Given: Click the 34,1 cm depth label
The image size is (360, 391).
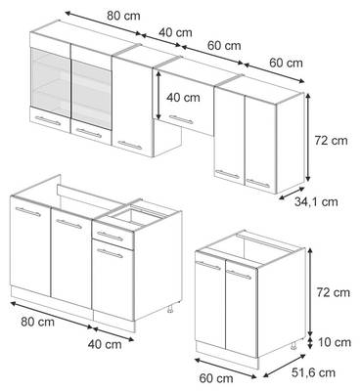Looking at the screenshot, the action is click(316, 201).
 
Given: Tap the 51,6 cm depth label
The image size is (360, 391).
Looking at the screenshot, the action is click(313, 372).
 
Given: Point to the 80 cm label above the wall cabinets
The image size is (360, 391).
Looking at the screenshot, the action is click(123, 16).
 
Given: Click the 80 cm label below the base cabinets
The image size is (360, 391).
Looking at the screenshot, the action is click(37, 322).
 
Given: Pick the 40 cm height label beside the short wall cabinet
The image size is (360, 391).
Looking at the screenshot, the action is click(183, 98).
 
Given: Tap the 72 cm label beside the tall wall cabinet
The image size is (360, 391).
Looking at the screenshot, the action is click(331, 141).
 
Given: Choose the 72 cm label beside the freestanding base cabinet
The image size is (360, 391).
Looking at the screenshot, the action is click(333, 292).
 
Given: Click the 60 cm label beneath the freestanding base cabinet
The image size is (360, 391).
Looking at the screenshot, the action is click(216, 378).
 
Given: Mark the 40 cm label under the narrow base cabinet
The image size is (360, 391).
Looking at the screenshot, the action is click(105, 344).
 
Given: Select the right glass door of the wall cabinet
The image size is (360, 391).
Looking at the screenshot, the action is click(91, 94).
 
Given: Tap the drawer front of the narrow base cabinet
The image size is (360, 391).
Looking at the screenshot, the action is click(113, 236).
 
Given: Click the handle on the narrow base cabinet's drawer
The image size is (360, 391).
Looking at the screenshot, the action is click(111, 237).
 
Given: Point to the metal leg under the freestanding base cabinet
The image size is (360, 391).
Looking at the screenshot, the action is click(293, 345).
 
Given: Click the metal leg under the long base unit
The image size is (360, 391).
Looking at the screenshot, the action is click(170, 309).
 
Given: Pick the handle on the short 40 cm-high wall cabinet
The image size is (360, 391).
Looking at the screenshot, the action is click(181, 119).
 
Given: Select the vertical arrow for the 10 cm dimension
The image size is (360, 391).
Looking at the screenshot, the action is click(310, 343).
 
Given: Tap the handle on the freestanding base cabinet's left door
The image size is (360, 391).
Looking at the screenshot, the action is click(208, 266).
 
